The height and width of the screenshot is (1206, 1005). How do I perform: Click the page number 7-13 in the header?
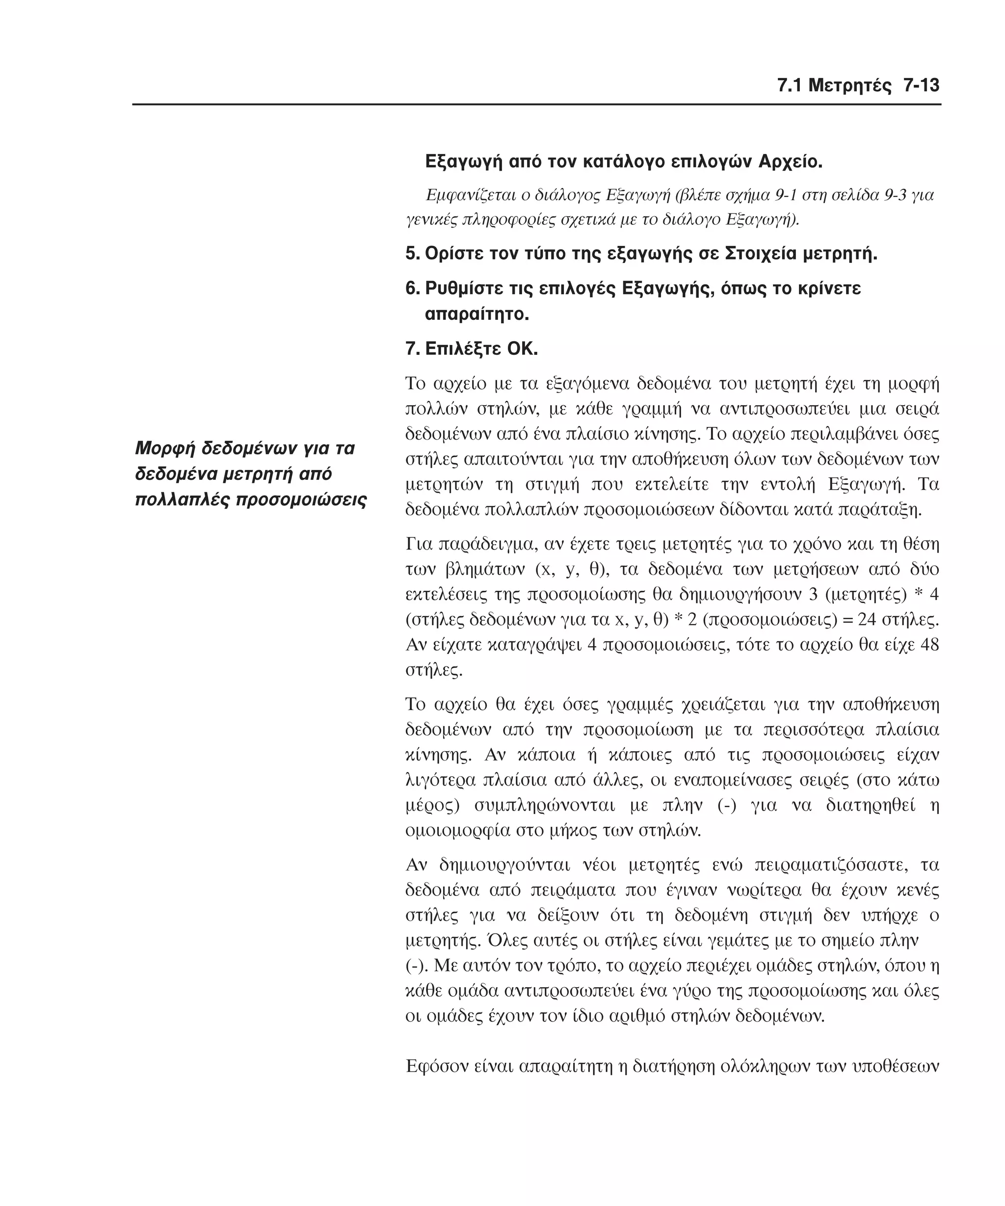point(921,85)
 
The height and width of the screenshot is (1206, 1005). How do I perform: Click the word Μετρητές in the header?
point(849,85)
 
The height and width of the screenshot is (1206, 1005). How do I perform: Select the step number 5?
point(412,253)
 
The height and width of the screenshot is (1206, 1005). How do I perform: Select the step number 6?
point(412,288)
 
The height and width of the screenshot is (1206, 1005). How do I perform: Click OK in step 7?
point(522,348)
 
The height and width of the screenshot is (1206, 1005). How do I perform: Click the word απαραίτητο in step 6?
point(476,315)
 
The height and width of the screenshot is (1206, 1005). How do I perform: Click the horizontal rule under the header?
point(536,105)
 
